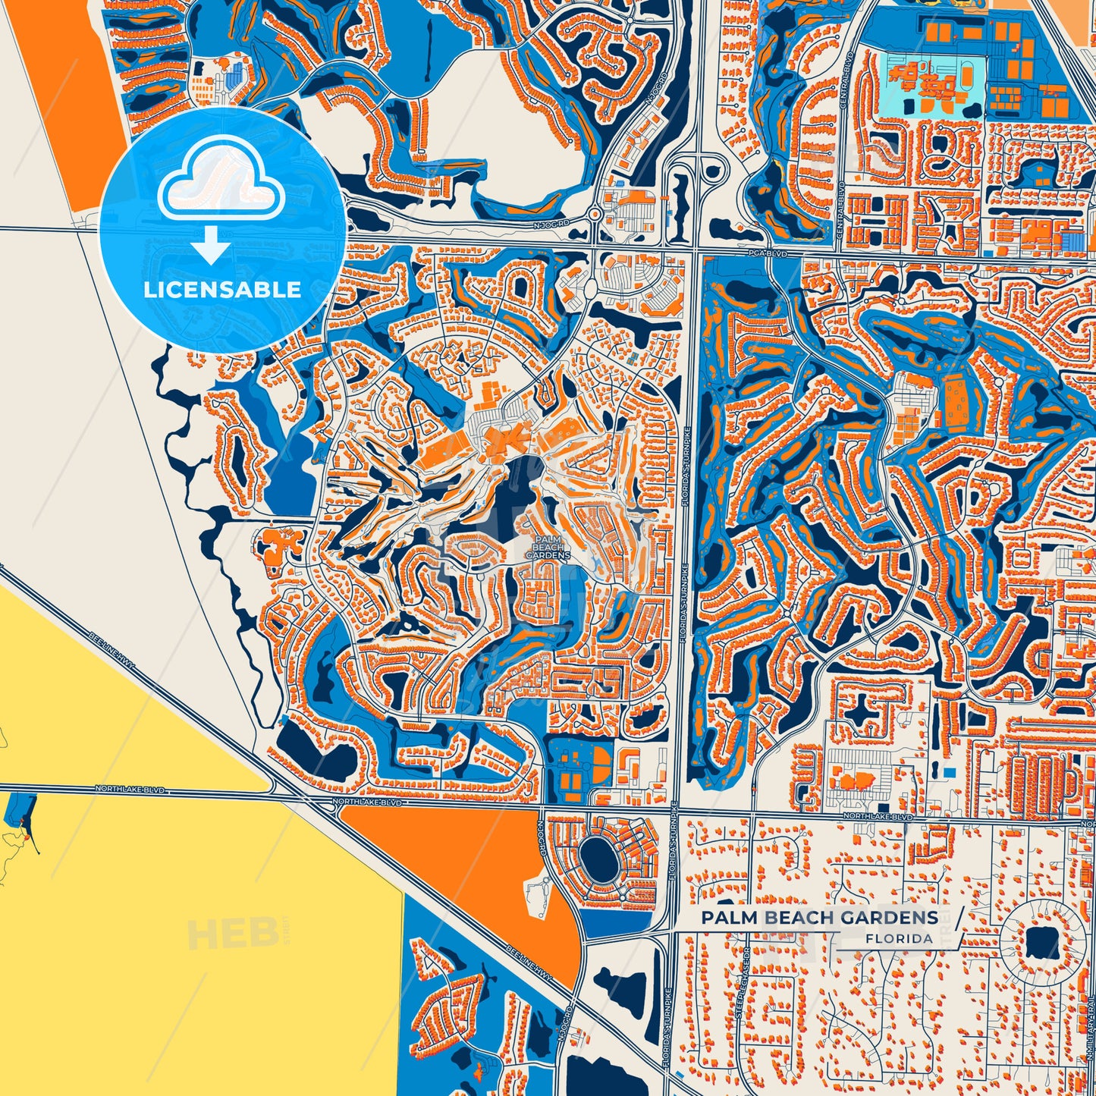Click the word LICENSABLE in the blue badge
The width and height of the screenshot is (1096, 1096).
(x=222, y=290)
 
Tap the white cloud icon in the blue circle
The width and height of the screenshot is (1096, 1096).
(x=221, y=187)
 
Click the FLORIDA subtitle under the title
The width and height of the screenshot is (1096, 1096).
(x=899, y=939)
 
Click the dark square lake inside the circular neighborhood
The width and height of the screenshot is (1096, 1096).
(x=1041, y=944)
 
